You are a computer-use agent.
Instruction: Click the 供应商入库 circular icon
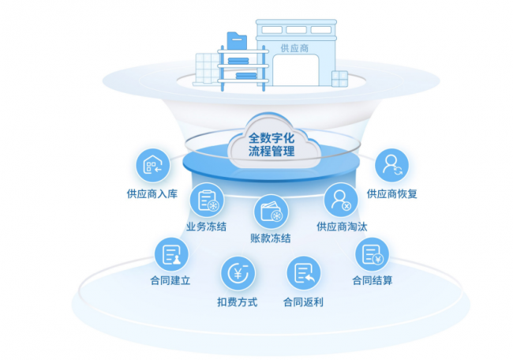(153, 165)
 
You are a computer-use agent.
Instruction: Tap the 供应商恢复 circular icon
(391, 165)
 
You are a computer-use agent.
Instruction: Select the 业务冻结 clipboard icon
(207, 200)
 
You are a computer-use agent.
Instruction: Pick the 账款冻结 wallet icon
(271, 212)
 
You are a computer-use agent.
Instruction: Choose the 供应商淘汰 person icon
(341, 200)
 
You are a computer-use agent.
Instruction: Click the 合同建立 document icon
(171, 254)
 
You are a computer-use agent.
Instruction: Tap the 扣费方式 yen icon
(238, 273)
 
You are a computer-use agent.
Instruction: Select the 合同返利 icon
(304, 273)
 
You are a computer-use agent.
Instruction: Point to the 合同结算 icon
(372, 254)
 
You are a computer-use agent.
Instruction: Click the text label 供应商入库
(152, 193)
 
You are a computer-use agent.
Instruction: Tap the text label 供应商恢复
(392, 193)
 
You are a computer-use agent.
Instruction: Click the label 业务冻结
(207, 227)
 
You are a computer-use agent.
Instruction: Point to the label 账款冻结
(271, 238)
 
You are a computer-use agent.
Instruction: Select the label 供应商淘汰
(342, 227)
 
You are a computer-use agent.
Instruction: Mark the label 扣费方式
(238, 302)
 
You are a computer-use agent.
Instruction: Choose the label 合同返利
(303, 302)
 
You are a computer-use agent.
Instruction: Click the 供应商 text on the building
(294, 48)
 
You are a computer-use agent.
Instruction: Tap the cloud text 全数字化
(271, 138)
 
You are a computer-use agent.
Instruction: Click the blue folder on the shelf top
(237, 41)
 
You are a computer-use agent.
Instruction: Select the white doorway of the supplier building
(296, 70)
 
